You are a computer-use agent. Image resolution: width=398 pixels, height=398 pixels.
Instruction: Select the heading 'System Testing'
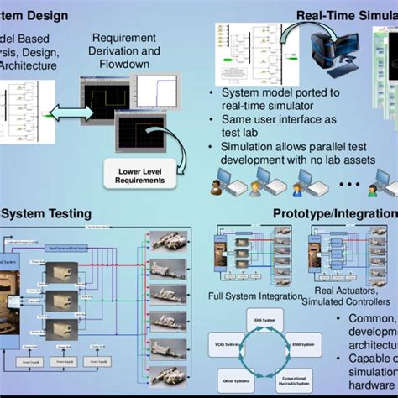(45, 213)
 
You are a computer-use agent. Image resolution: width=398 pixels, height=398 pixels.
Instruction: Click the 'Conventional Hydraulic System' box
(294, 379)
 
